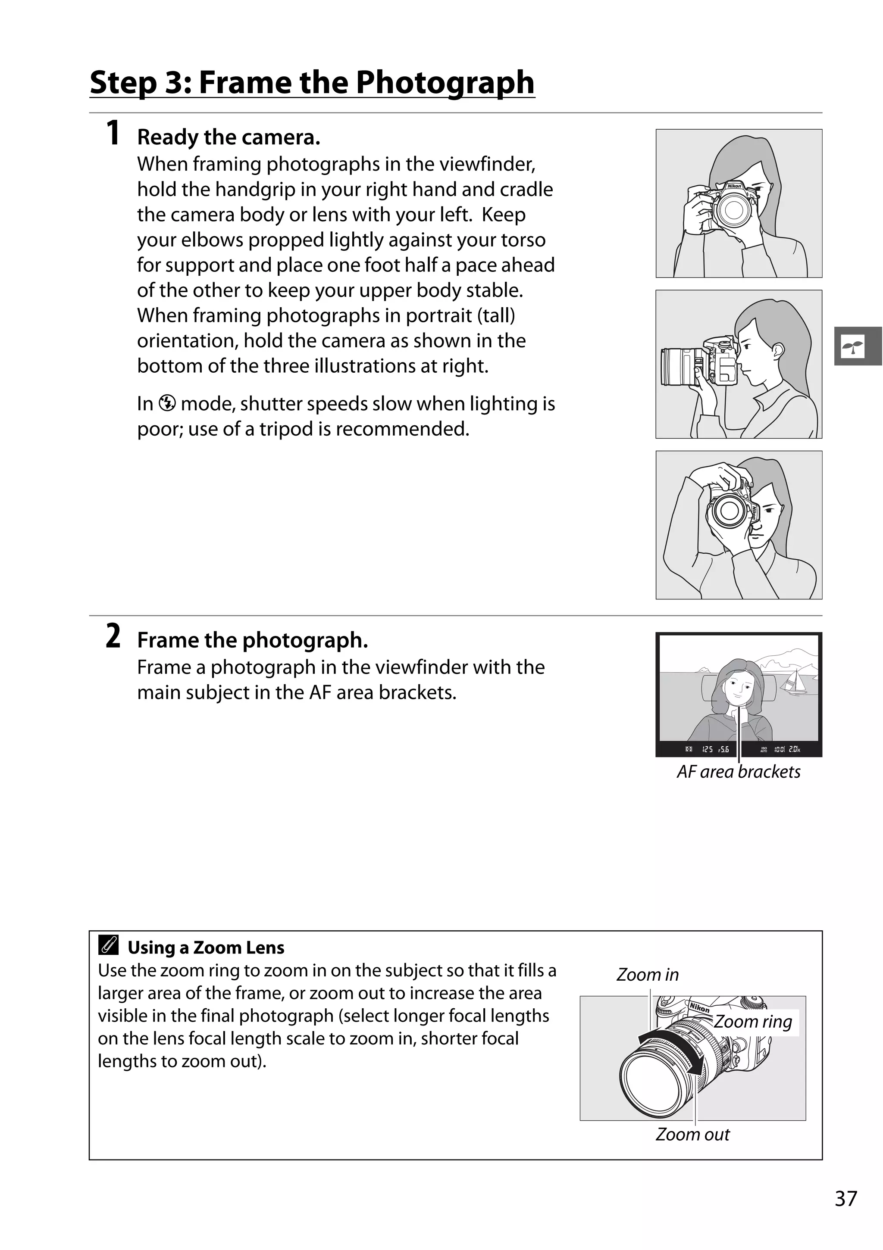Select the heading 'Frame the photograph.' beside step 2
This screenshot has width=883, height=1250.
click(x=252, y=640)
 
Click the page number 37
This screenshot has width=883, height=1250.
click(x=845, y=1198)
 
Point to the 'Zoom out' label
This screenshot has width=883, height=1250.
click(x=692, y=1134)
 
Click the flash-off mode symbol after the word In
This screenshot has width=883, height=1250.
click(x=167, y=403)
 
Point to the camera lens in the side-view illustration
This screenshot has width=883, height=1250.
click(x=676, y=366)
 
